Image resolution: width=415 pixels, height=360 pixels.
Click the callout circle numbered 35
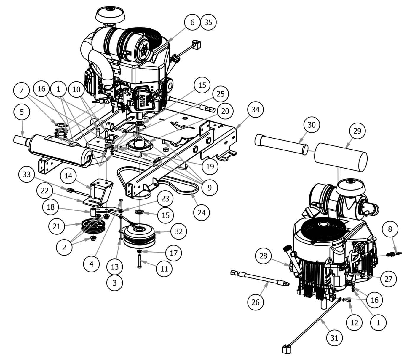coord(208,22)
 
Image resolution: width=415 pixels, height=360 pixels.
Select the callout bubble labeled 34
coord(255,110)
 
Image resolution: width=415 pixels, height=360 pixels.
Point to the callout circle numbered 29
coord(357,131)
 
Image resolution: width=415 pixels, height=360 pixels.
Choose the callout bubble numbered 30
coord(312,125)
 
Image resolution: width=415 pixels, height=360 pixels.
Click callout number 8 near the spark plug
coord(390,229)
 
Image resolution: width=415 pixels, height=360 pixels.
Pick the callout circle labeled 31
coord(334,338)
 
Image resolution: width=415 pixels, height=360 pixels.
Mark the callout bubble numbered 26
coord(255,302)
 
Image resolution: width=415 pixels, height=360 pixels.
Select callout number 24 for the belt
coord(201,212)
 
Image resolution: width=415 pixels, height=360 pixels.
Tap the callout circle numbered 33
coord(27,175)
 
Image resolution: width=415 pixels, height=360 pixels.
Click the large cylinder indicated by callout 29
coord(341,158)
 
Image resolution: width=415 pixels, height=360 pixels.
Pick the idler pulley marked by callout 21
coord(90,227)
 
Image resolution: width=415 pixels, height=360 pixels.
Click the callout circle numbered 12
coord(355,322)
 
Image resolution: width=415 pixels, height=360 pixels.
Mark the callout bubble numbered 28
coord(264,256)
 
